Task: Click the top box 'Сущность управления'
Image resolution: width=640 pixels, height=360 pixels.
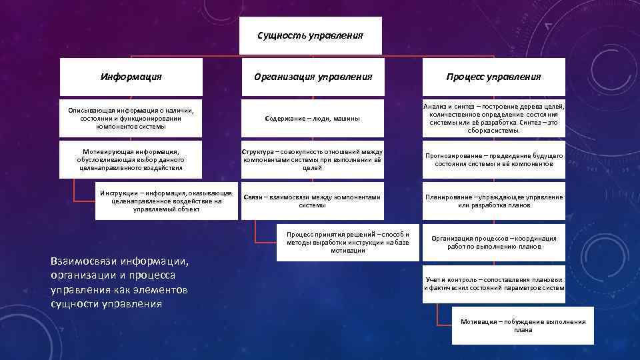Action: click(310, 35)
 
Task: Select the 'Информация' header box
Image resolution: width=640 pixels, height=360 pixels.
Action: click(131, 77)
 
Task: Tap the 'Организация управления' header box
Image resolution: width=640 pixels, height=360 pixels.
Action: click(313, 77)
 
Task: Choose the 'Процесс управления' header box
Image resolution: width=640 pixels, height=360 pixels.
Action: click(493, 77)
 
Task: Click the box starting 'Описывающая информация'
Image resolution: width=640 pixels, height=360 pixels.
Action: click(131, 118)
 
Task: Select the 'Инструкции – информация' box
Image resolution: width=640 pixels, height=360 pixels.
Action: click(166, 201)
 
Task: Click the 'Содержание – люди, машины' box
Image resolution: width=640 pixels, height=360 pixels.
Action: click(313, 118)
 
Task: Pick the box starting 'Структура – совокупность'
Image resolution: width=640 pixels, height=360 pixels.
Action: click(313, 159)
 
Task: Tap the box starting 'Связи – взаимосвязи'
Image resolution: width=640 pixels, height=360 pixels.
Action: click(313, 201)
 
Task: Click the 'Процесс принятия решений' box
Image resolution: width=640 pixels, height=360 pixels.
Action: click(347, 243)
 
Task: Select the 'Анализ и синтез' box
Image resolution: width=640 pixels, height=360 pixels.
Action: click(493, 118)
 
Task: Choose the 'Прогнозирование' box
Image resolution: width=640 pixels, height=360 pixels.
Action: click(493, 159)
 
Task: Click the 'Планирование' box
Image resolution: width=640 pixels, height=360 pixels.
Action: click(493, 201)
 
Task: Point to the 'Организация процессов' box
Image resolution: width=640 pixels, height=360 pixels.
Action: click(493, 242)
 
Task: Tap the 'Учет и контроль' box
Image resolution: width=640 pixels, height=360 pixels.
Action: click(493, 283)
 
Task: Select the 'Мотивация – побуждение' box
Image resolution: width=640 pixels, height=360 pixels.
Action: click(523, 325)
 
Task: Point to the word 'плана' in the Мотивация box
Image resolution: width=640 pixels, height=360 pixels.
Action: click(523, 330)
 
